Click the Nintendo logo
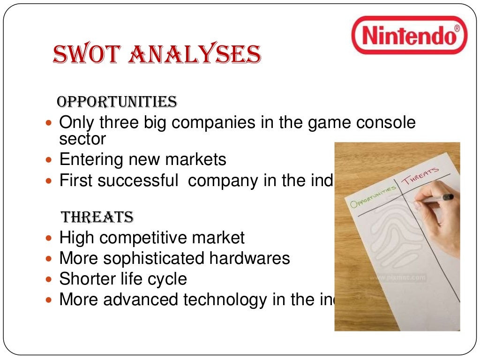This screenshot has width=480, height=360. click(409, 35)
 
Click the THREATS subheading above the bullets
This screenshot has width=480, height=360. click(97, 217)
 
